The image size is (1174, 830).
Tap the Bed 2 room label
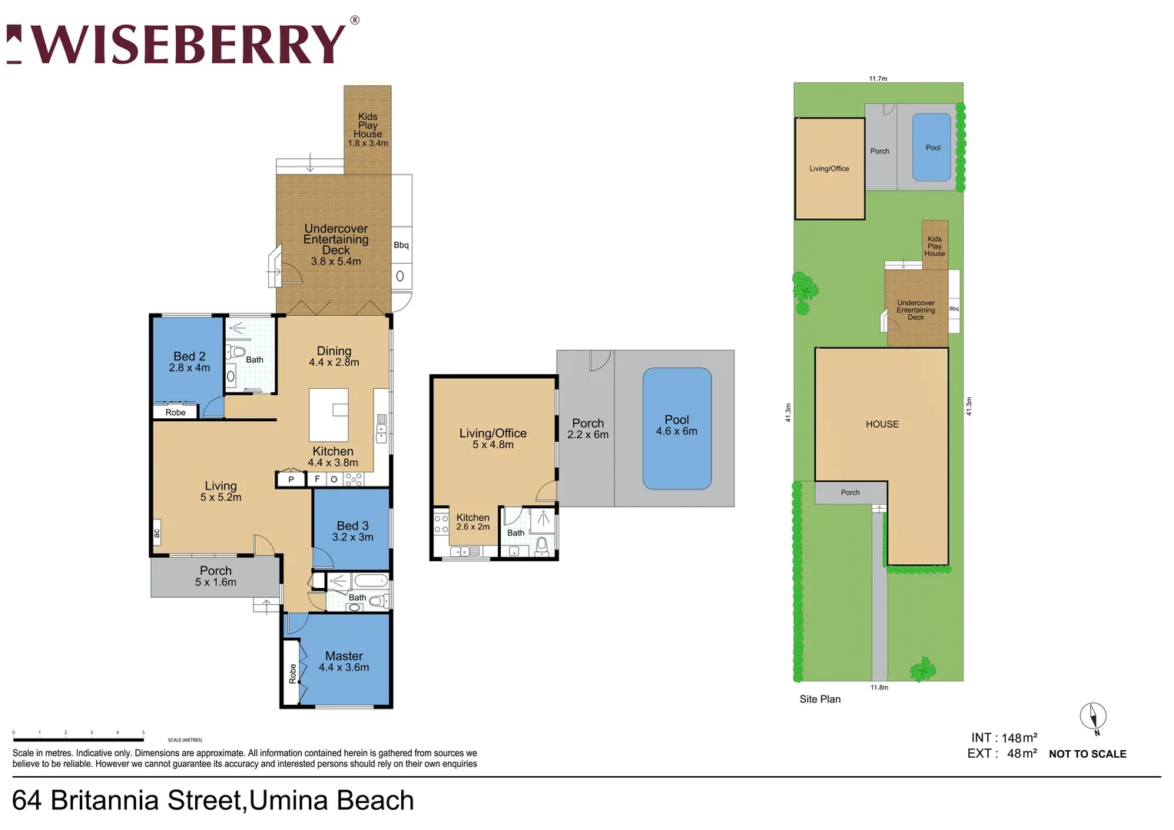click(189, 361)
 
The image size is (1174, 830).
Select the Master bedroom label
click(343, 661)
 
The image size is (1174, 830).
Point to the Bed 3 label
click(353, 531)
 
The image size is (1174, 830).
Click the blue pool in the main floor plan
click(676, 429)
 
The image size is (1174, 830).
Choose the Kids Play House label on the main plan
click(367, 129)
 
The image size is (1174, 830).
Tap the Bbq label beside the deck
click(401, 245)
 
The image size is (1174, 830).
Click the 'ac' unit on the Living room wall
click(157, 533)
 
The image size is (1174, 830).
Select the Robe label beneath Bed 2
click(175, 413)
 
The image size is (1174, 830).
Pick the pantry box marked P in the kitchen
click(290, 480)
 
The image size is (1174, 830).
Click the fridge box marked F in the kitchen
click(317, 479)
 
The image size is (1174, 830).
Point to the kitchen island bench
click(329, 414)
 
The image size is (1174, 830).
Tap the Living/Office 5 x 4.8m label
click(492, 438)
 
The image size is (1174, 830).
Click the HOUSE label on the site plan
click(881, 424)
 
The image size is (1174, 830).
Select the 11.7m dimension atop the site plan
click(877, 78)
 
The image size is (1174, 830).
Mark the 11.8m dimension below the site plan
click(879, 687)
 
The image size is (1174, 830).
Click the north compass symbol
click(1093, 718)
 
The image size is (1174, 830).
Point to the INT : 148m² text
click(1003, 738)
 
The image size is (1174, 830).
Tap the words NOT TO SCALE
click(1087, 754)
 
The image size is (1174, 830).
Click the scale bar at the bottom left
click(78, 739)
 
